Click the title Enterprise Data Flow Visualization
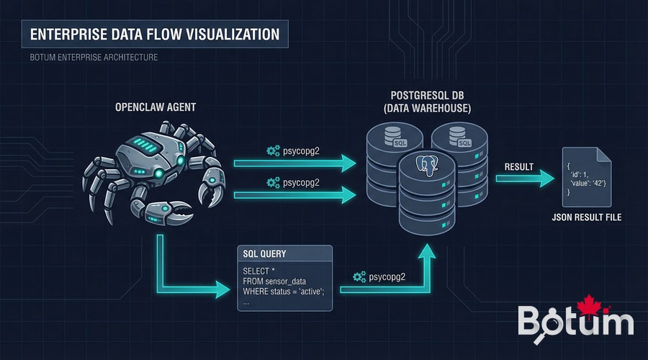pyautogui.click(x=155, y=34)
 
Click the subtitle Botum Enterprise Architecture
pyautogui.click(x=94, y=57)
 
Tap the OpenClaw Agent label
pyautogui.click(x=156, y=107)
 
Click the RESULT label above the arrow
pyautogui.click(x=518, y=167)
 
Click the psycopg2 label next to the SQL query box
pyautogui.click(x=381, y=276)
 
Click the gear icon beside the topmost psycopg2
pyautogui.click(x=273, y=150)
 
